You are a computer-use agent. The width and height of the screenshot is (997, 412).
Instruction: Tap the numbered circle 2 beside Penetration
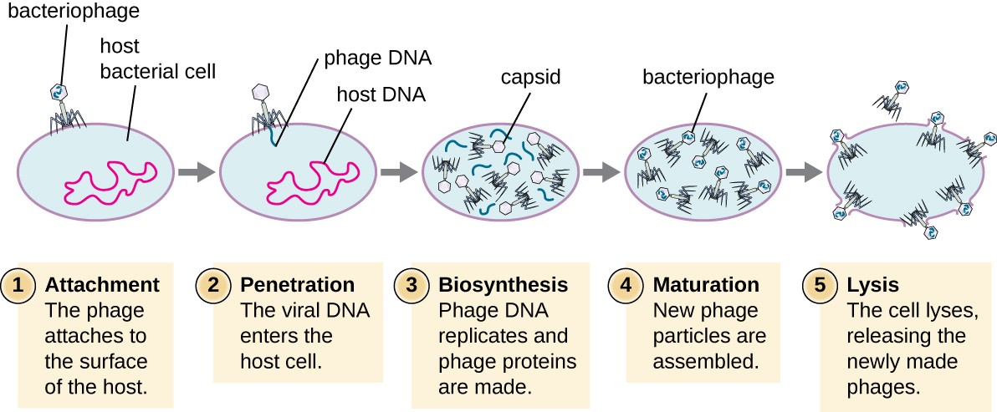[213, 285]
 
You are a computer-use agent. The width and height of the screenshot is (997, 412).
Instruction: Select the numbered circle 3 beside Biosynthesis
[412, 285]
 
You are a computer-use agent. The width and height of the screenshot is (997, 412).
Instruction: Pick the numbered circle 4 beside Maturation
[625, 285]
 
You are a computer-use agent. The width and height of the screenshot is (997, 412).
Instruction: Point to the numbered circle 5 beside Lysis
[820, 285]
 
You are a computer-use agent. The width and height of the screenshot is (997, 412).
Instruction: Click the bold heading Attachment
[102, 285]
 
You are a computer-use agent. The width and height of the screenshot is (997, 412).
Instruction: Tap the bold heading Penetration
[297, 285]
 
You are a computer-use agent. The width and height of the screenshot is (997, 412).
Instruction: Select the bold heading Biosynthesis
[504, 285]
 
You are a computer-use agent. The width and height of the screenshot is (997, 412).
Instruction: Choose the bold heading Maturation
[705, 285]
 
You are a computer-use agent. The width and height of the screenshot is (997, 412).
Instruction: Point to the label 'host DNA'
[381, 94]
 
